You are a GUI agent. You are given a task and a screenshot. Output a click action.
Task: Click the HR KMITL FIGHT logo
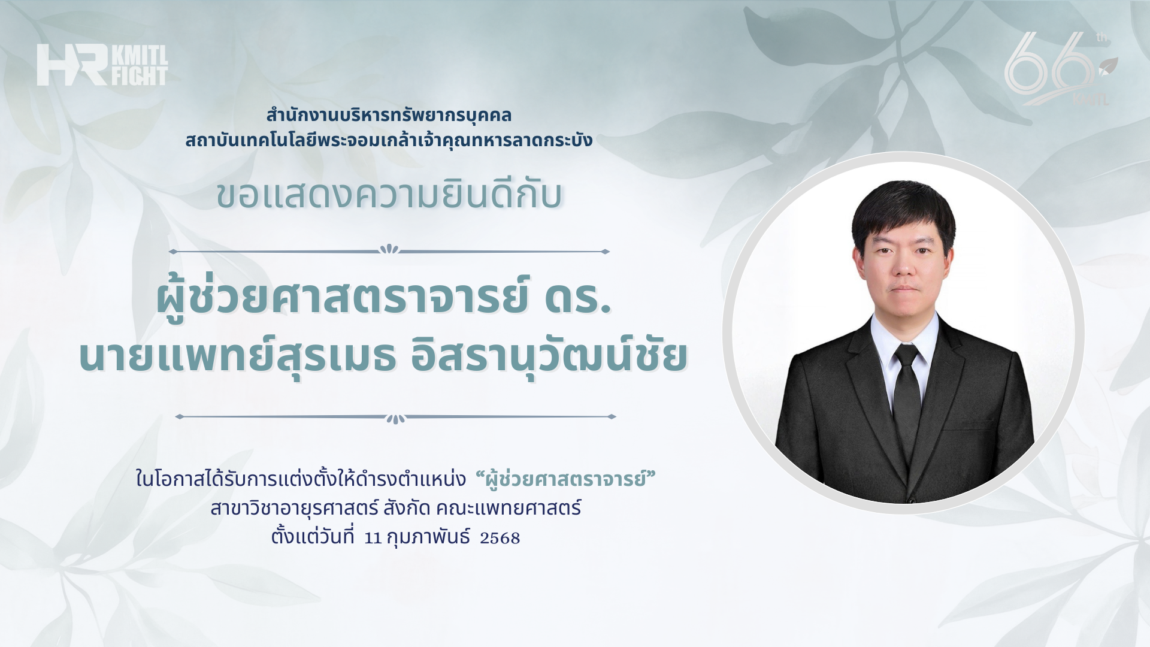[x=102, y=65]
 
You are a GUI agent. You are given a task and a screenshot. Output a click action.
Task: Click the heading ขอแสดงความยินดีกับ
[x=389, y=195]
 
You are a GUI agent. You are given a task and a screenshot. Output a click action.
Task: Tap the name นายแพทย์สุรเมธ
[x=237, y=355]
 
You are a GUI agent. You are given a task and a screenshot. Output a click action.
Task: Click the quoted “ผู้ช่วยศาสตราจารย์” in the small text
[x=565, y=479]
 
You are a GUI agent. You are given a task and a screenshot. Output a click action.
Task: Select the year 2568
[x=500, y=538]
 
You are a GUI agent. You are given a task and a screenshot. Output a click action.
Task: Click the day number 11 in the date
[x=373, y=538]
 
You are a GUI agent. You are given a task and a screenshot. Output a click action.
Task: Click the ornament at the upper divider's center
[x=390, y=249]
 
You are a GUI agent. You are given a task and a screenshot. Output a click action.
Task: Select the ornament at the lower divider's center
[x=395, y=418]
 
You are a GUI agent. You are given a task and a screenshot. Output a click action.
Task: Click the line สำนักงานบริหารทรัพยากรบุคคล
[x=389, y=114]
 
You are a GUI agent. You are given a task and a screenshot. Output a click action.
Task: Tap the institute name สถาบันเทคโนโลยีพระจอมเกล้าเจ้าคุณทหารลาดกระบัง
[x=389, y=140]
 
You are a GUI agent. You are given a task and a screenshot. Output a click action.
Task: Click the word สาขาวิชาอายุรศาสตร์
[x=294, y=508]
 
